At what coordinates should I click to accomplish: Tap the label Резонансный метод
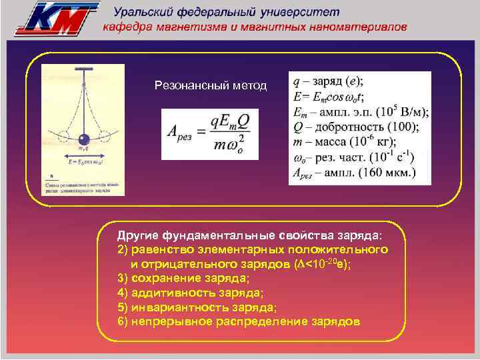[210, 85]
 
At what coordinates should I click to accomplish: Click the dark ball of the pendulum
[83, 140]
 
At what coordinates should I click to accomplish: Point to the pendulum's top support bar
[83, 69]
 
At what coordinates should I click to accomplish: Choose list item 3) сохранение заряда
[183, 278]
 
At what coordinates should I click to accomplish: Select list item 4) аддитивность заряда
[190, 293]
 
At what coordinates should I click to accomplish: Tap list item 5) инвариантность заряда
[197, 307]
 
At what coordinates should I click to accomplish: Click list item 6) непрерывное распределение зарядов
[239, 321]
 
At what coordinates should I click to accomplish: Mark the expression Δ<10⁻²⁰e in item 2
[322, 263]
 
